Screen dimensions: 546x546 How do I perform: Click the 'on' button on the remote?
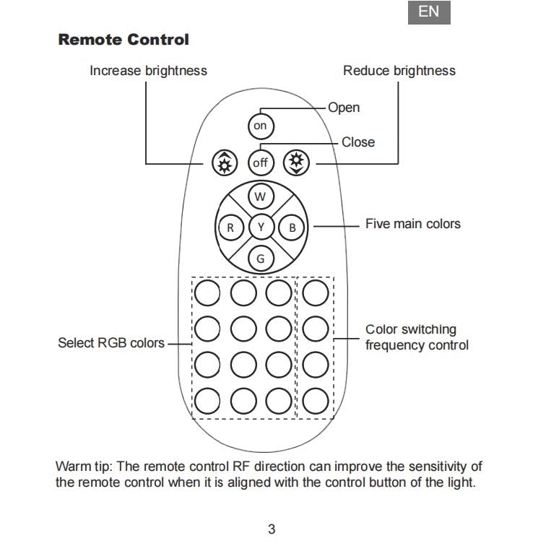261,126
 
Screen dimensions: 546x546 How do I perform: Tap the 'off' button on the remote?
261,162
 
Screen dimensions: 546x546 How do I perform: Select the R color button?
230,227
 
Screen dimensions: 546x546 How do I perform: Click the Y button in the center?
261,227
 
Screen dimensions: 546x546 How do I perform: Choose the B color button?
292,227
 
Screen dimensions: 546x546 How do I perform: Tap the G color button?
261,259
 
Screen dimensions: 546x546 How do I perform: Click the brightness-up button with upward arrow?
225,163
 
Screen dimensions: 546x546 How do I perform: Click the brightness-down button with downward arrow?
296,162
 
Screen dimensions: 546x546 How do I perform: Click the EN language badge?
429,12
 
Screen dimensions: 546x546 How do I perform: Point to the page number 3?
272,529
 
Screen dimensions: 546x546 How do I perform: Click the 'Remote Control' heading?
123,40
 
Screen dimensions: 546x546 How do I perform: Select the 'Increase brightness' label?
148,71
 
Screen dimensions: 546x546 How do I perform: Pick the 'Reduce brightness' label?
399,71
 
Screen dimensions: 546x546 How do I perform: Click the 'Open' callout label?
344,108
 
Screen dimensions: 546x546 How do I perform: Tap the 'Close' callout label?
358,142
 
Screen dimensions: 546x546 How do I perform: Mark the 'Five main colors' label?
412,224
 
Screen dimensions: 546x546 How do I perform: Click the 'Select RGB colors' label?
111,343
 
